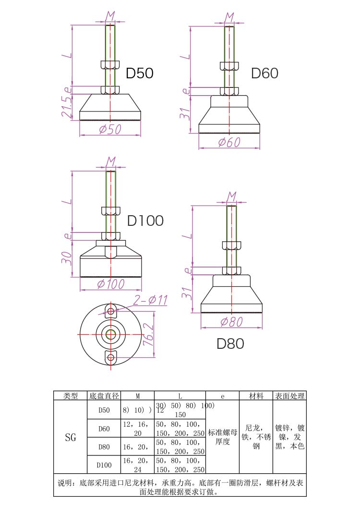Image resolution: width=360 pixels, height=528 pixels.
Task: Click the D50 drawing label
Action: click(x=139, y=73)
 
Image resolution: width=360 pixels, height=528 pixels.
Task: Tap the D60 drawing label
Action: click(x=264, y=73)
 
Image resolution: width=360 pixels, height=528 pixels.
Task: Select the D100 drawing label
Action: click(x=145, y=221)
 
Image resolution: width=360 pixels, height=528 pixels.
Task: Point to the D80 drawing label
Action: click(x=230, y=344)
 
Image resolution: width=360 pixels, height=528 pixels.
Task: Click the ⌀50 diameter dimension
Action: click(x=110, y=129)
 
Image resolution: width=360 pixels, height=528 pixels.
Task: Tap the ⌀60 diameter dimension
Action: click(x=229, y=142)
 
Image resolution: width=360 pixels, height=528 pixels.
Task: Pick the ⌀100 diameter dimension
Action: click(x=111, y=284)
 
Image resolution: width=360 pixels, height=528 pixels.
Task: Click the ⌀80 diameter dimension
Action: click(x=231, y=322)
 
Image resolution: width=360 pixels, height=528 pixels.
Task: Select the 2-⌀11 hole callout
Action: click(x=150, y=300)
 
